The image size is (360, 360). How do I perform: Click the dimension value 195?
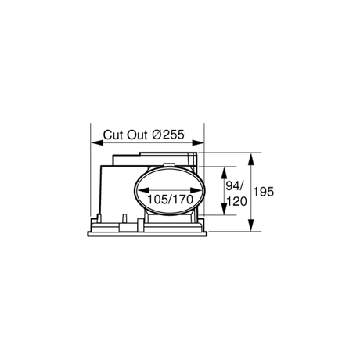click(x=264, y=192)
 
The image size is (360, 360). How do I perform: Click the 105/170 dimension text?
click(x=171, y=200)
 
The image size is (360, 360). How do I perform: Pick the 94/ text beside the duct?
click(x=235, y=186)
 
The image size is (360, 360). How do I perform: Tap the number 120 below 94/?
click(x=236, y=202)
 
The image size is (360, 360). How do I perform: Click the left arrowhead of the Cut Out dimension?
click(x=97, y=142)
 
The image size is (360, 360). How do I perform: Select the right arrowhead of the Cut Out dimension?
click(x=198, y=142)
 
